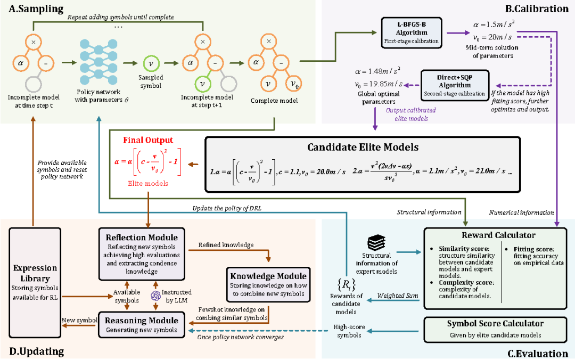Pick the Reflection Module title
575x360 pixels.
click(x=141, y=237)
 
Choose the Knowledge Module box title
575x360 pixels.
click(x=268, y=276)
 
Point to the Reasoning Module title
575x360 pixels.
click(x=141, y=321)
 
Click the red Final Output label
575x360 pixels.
click(x=149, y=141)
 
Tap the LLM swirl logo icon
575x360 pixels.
click(x=156, y=294)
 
